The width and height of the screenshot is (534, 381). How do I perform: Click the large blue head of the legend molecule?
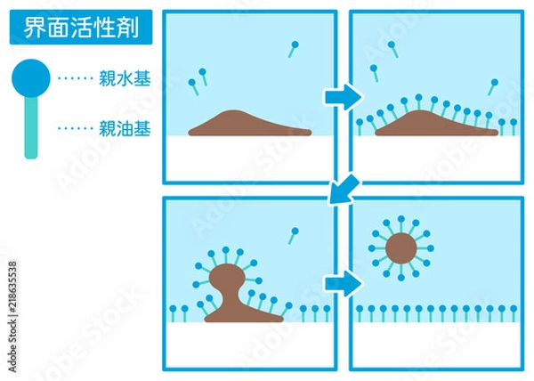(30, 77)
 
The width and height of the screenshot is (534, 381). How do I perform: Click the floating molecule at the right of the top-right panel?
(491, 85)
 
